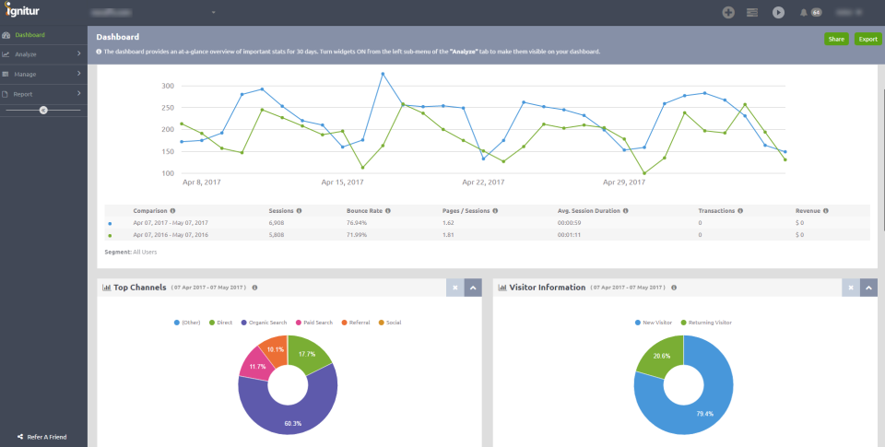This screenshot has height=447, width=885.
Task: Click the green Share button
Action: pos(836,39)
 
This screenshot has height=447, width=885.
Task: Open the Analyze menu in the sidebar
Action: pos(26,54)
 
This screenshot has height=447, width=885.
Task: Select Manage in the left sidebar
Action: pos(26,74)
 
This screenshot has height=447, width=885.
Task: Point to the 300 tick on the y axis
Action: pos(167,86)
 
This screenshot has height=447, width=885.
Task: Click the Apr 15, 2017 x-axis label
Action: pos(344,182)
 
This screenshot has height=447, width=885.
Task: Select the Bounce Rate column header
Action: pos(365,210)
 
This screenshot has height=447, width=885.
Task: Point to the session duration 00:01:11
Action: pos(572,235)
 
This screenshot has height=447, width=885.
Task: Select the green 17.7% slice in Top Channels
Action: pos(312,357)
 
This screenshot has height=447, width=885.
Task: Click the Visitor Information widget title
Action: pos(548,288)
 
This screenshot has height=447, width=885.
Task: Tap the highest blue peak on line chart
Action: pos(383,74)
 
